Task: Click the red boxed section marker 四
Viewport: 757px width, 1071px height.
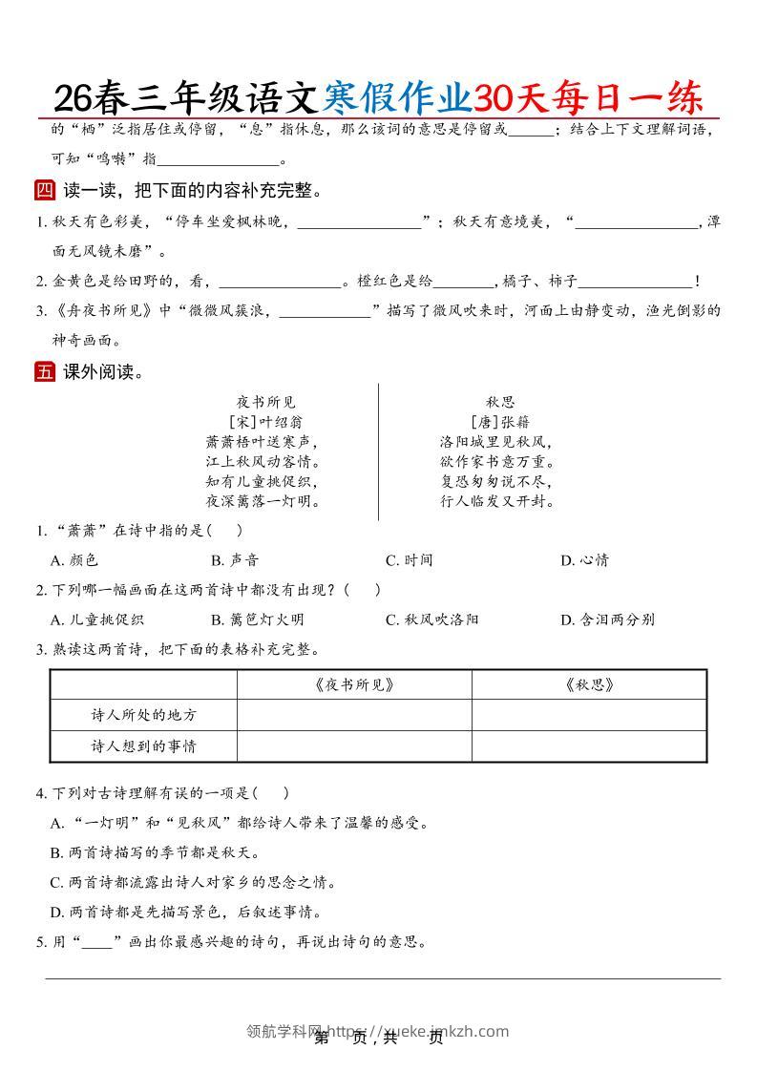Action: click(45, 191)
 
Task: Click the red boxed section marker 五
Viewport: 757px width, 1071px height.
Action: click(45, 372)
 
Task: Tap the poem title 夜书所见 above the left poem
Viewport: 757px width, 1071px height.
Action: click(266, 402)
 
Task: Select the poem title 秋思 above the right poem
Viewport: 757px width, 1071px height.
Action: click(499, 402)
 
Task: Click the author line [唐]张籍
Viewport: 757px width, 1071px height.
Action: click(499, 422)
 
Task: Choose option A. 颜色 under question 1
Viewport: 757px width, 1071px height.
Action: click(74, 560)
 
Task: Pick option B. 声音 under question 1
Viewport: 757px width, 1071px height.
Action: click(235, 560)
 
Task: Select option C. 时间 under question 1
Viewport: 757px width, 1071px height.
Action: click(410, 560)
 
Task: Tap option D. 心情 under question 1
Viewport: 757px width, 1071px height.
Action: click(584, 560)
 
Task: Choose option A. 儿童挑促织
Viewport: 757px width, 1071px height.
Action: click(97, 619)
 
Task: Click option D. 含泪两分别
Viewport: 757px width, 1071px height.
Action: click(607, 619)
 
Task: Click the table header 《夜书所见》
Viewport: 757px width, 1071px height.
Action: click(353, 684)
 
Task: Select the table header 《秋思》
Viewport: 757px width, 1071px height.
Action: click(589, 684)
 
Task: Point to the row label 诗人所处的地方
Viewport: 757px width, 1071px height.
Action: click(143, 715)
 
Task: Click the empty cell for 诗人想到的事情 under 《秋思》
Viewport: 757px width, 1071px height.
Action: click(589, 745)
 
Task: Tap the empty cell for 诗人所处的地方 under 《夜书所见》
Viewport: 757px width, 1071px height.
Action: click(353, 715)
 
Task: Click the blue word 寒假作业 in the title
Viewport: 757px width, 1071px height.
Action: click(397, 97)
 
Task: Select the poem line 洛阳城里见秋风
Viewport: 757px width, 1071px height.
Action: click(497, 442)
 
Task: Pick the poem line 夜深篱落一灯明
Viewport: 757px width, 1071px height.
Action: click(263, 501)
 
